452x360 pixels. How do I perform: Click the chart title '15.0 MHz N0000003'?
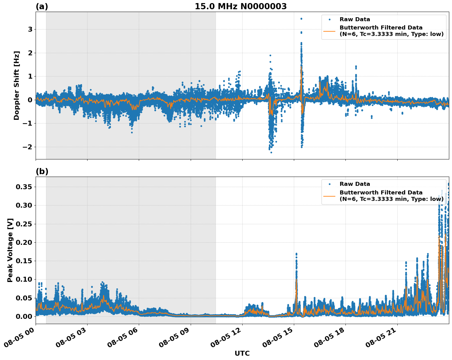[240, 6]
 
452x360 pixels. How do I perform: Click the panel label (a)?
[42, 6]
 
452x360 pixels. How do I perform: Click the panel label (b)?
[42, 171]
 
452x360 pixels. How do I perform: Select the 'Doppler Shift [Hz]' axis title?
[17, 85]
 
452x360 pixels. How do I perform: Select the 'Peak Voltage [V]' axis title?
[10, 250]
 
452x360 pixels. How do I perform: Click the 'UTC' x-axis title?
[242, 353]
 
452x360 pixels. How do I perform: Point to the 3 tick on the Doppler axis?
[30, 29]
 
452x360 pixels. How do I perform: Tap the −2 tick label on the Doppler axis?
[28, 147]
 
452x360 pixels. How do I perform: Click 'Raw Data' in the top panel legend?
[355, 20]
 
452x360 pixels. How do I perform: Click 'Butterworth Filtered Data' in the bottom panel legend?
[381, 193]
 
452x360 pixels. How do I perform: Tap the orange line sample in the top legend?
[329, 31]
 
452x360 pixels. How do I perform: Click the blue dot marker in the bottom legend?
[329, 184]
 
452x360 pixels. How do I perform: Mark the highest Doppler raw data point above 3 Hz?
[301, 19]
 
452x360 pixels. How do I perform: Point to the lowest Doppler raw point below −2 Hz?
[271, 152]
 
